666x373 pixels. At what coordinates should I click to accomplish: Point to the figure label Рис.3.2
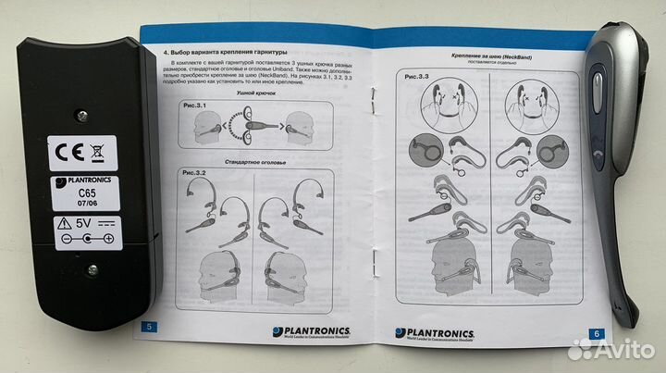[x=192, y=173]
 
